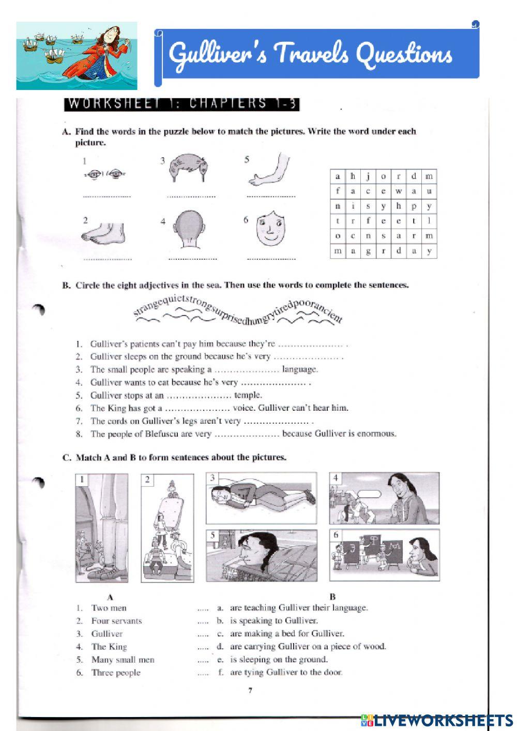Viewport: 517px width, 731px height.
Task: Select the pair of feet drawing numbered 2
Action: tap(103, 232)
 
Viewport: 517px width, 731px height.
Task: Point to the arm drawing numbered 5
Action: tap(269, 171)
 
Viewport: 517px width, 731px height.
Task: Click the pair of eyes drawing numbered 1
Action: tap(105, 174)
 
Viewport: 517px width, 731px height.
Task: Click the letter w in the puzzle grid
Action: tap(398, 191)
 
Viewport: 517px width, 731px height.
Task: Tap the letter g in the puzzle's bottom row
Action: tap(368, 251)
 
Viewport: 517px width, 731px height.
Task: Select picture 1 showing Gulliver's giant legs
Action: tap(102, 528)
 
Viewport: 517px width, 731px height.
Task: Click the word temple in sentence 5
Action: tap(248, 395)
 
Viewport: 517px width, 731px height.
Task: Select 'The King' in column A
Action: tap(109, 647)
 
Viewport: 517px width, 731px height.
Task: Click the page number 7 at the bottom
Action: tap(250, 690)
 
